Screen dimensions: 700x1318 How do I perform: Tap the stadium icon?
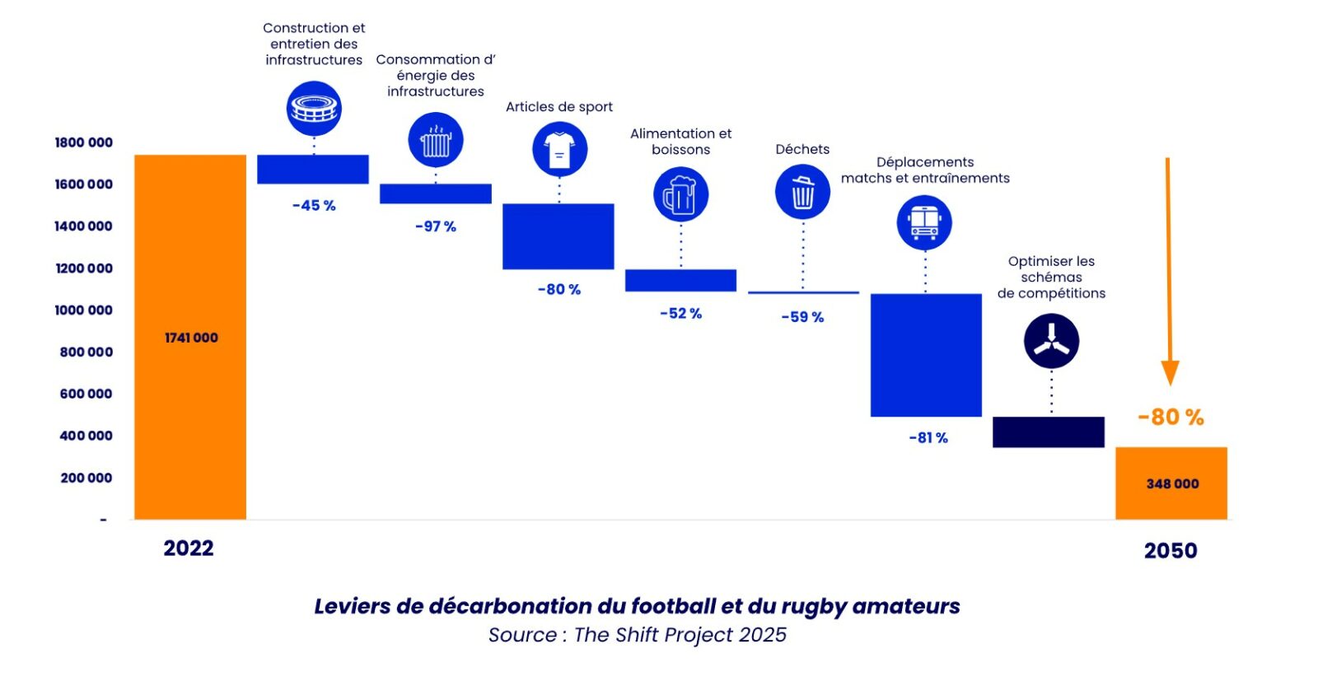[314, 108]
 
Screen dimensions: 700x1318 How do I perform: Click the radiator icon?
[436, 140]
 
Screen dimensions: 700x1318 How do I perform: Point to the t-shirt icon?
[559, 149]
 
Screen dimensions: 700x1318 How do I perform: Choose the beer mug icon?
[680, 194]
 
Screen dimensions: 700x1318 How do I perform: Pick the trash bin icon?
[802, 192]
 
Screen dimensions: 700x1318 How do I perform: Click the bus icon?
[924, 222]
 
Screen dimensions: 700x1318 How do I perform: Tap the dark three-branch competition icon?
[1051, 342]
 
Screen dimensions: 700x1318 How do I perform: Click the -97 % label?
[436, 226]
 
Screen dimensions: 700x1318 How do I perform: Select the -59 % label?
[802, 317]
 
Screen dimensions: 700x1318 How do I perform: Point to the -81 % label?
[928, 438]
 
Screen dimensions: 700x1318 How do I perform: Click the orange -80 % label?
[1171, 418]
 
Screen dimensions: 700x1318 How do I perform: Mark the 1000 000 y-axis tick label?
[83, 310]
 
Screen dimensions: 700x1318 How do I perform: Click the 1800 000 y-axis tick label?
[83, 142]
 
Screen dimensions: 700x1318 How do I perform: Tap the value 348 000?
[1172, 484]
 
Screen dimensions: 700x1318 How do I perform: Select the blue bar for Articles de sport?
[559, 236]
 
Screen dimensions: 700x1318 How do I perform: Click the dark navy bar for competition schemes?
[1049, 432]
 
